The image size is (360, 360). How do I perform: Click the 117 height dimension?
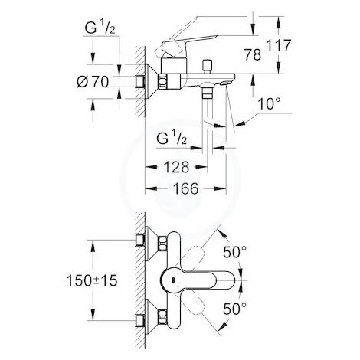coord(279,45)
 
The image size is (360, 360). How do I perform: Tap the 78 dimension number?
coord(253,54)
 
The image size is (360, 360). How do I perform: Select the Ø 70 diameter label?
coord(93,82)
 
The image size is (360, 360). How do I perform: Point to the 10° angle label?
coord(269,104)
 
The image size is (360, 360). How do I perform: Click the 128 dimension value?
coord(176,167)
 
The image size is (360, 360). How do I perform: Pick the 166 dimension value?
coord(185,188)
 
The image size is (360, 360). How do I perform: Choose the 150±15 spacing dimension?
coord(92,280)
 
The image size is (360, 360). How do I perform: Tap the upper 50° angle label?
coord(234,252)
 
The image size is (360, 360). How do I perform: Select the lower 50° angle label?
coord(234,309)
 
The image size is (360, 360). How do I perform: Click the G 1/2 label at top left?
coord(100,28)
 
